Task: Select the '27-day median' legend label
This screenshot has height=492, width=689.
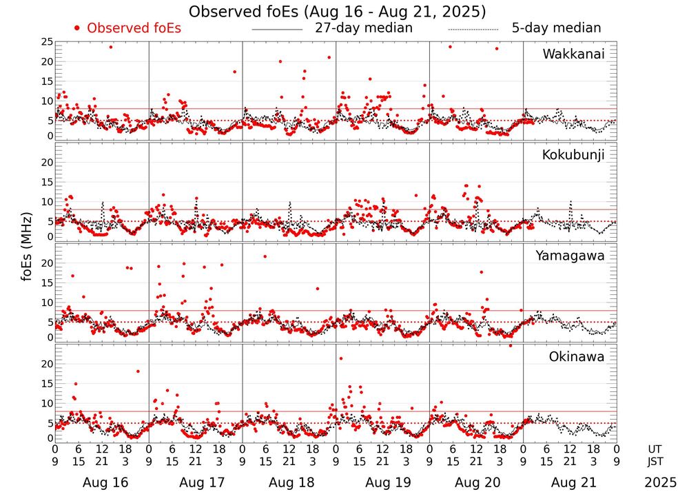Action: [x=364, y=28]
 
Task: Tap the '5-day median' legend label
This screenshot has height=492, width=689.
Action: [x=556, y=28]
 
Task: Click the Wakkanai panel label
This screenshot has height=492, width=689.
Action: [x=573, y=54]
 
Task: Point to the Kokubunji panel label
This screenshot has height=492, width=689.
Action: [x=573, y=155]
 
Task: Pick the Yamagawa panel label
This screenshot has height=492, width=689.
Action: [x=570, y=256]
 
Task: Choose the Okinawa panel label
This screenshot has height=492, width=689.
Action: [x=577, y=357]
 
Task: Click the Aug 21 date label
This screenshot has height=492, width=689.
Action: [x=570, y=483]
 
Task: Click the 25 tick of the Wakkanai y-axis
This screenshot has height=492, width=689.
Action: [x=46, y=43]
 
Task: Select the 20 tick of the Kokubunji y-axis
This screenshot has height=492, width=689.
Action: [x=46, y=163]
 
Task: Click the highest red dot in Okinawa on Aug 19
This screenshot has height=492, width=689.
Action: [x=341, y=358]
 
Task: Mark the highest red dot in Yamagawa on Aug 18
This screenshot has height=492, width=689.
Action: [x=265, y=256]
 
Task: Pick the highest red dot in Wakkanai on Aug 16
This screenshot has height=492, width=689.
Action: [x=110, y=47]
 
